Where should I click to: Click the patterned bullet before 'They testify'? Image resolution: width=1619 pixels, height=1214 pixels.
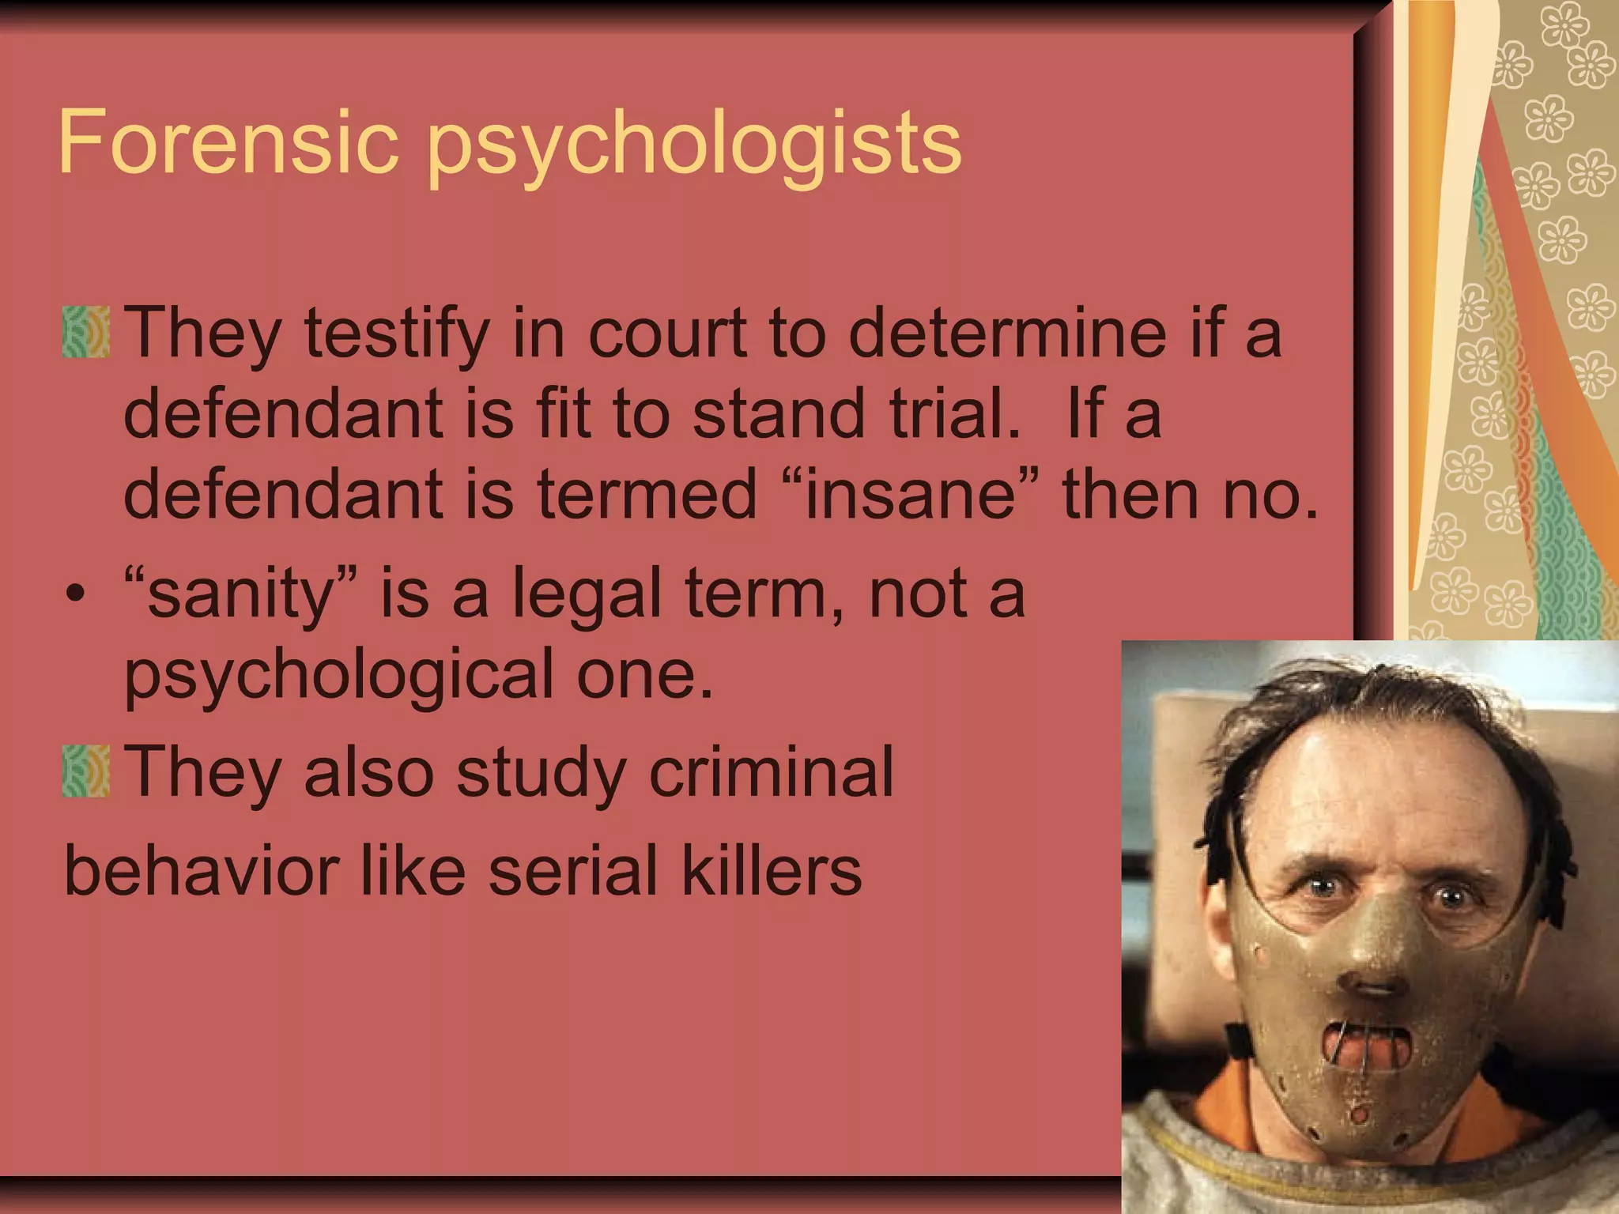coord(86,332)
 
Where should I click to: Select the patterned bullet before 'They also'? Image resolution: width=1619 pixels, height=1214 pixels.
coord(86,771)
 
